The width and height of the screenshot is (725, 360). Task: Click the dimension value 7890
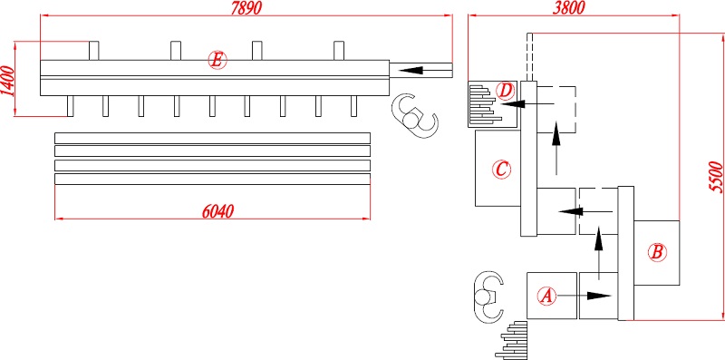tap(246, 7)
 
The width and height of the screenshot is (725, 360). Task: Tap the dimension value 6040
tap(217, 210)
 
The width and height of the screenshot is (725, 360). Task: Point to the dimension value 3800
tap(569, 7)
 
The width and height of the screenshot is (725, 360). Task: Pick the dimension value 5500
tap(716, 176)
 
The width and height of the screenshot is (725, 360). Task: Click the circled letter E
tap(217, 60)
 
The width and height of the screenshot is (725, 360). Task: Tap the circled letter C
tap(501, 169)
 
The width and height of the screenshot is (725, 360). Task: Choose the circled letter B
tap(656, 253)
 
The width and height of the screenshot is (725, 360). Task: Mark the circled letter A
tap(547, 296)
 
